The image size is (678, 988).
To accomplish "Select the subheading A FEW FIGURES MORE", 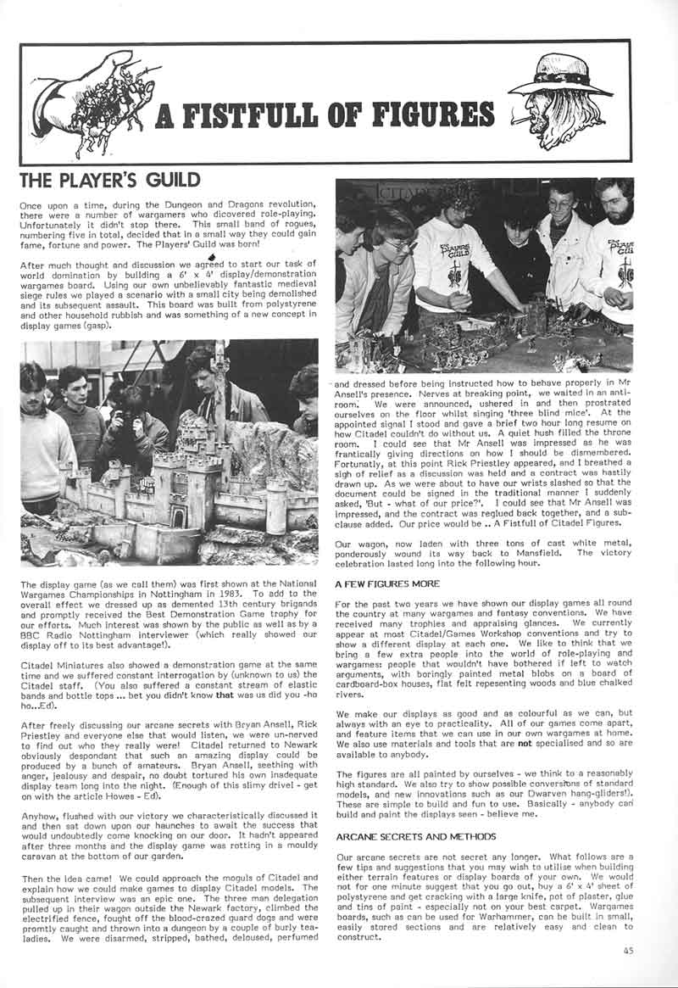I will [387, 583].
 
